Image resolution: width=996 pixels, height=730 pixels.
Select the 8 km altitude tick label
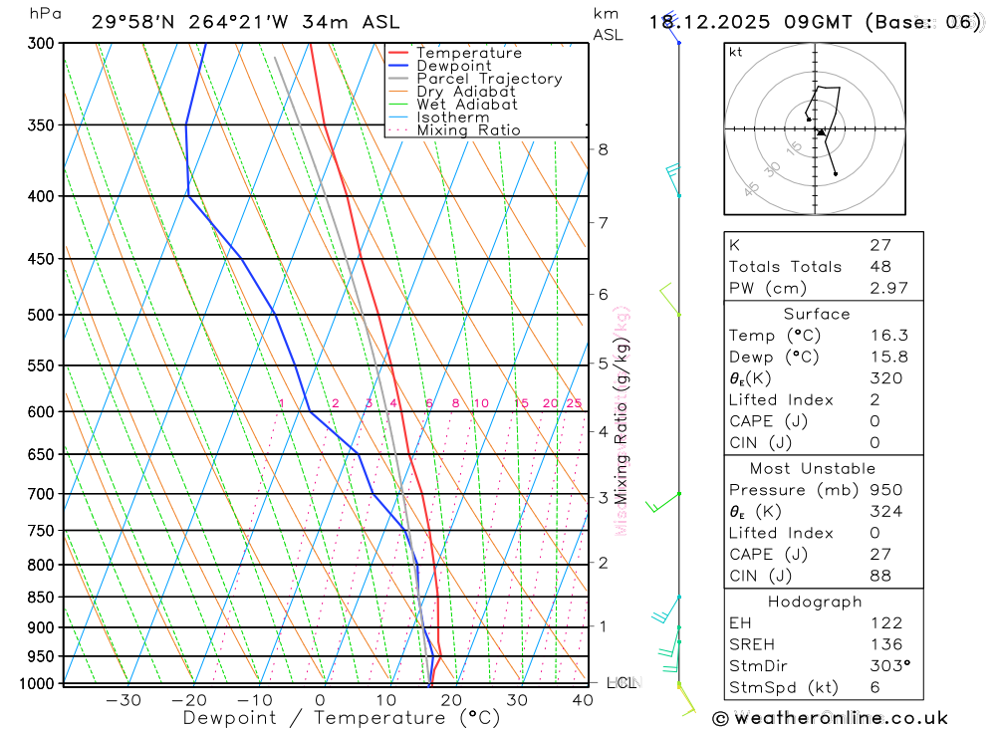tap(604, 149)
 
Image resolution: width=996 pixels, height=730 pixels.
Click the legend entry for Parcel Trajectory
tap(489, 79)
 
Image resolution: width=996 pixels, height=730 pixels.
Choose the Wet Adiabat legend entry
tap(466, 105)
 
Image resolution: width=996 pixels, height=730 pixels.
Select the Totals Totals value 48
tap(879, 267)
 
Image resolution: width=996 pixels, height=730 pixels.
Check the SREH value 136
tap(884, 644)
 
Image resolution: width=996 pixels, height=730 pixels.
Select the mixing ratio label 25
tap(574, 403)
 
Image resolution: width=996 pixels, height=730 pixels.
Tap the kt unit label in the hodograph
tap(736, 52)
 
